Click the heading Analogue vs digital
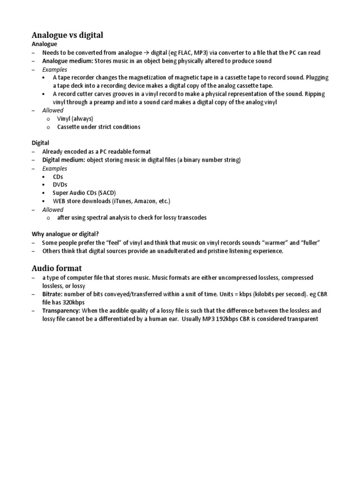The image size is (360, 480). click(67, 35)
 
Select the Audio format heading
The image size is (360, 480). click(57, 268)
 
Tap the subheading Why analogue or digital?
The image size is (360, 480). click(65, 234)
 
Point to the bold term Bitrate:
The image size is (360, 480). click(54, 294)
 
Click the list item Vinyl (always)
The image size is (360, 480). click(75, 119)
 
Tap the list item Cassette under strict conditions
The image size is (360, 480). click(98, 127)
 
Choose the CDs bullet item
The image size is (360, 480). click(58, 176)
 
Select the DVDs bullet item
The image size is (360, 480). click(60, 185)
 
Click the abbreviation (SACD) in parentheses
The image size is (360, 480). click(106, 193)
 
